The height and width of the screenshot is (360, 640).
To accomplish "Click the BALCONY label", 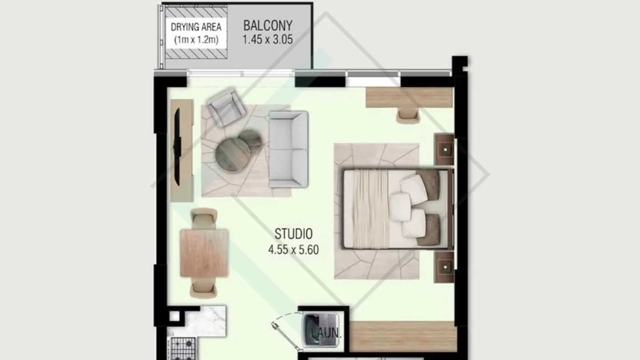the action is point(268,25).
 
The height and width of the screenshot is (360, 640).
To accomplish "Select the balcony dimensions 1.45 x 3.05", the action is point(268,39).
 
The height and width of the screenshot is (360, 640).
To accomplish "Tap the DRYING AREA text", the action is point(196,27).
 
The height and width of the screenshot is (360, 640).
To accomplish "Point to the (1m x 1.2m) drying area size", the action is point(196,40).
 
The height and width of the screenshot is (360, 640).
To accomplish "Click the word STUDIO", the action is point(293,234).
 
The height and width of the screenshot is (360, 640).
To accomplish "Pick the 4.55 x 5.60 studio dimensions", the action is point(293,250).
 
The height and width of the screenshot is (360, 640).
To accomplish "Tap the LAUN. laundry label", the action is point(326,333).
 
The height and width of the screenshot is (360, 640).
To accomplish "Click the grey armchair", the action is point(226,107).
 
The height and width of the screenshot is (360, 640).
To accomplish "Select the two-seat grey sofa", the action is point(288,149).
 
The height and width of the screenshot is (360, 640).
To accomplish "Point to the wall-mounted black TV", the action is point(177,147).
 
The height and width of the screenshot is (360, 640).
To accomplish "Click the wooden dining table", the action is point(204,253).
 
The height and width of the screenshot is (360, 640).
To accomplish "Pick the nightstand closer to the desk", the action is point(444,149).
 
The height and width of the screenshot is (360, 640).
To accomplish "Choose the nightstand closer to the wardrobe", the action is point(444,267).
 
